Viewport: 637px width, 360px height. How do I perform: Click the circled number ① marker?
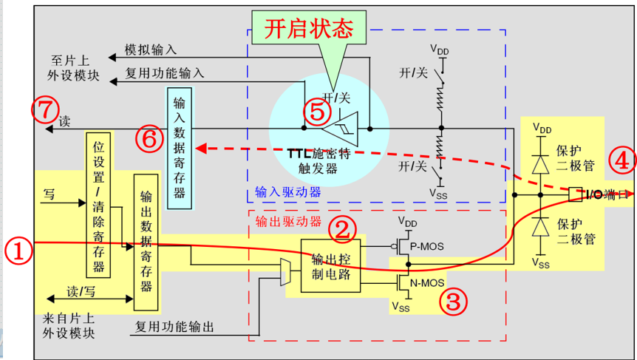pos(18,251)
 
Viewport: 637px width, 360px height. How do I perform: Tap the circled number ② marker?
pos(342,230)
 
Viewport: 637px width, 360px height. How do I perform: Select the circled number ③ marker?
pos(454,302)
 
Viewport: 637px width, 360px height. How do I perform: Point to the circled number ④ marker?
pos(622,161)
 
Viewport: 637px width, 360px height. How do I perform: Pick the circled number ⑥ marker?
pos(149,140)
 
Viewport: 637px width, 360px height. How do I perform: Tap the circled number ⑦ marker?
pos(46,109)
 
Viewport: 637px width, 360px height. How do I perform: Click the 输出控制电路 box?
pos(330,265)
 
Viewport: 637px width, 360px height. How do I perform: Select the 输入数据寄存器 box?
pos(179,148)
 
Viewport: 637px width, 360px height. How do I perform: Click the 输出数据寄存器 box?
pos(146,242)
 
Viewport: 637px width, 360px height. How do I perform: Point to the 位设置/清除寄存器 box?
pos(98,205)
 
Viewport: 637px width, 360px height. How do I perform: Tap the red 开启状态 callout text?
pos(309,28)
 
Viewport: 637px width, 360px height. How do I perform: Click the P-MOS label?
pos(426,246)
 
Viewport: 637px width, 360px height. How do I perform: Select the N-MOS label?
pos(427,282)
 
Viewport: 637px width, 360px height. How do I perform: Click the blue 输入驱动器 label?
pos(288,191)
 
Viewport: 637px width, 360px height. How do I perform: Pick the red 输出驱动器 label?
pos(288,222)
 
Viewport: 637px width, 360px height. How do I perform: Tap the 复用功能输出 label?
pos(174,327)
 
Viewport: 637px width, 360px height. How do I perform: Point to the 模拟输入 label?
pos(150,50)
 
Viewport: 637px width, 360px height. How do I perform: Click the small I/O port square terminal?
pos(575,194)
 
